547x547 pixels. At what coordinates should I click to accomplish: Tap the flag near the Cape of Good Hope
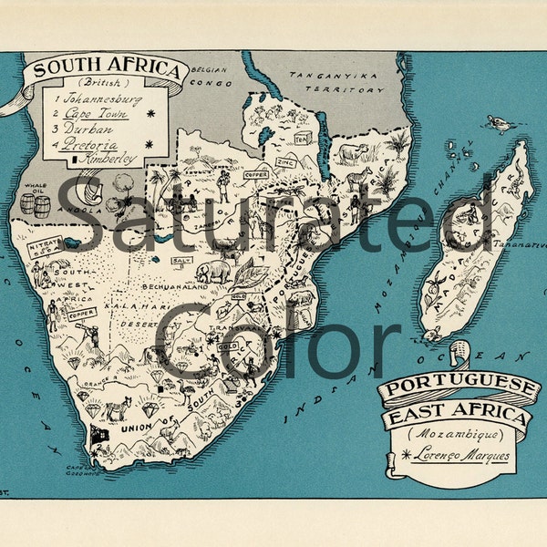[x=98, y=434]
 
